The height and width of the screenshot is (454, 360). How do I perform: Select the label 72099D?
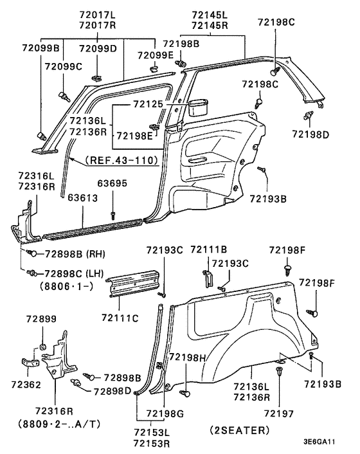tap(98, 48)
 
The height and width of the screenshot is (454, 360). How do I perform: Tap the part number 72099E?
tap(155, 55)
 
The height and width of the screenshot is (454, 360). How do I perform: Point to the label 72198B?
tap(181, 44)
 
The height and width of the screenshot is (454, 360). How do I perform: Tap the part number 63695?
tap(113, 184)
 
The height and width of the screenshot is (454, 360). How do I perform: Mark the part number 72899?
tap(41, 319)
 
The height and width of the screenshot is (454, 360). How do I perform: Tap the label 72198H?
tap(187, 357)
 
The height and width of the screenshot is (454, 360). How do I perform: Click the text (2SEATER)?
tap(239, 429)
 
